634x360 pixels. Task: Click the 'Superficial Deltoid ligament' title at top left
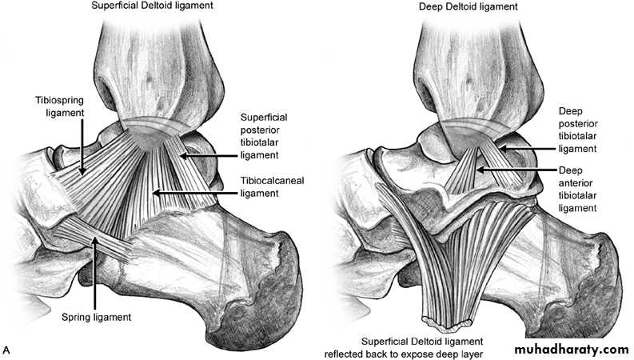152,6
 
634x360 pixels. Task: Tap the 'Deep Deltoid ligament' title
469,6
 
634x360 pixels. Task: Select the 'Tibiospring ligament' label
60,106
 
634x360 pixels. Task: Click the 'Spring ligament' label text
96,317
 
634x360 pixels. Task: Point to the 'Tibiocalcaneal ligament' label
272,187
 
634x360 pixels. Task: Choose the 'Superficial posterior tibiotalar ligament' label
264,136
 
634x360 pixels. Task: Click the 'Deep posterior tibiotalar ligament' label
578,130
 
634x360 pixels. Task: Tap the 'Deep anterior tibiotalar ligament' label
578,190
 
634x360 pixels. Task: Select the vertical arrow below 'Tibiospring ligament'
82,148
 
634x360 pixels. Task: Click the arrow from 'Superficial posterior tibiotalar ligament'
207,155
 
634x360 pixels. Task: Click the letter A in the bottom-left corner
6,350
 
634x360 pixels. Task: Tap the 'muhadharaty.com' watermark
572,349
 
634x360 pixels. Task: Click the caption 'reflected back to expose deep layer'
404,354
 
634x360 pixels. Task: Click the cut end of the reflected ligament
447,322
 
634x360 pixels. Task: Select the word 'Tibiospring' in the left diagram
60,100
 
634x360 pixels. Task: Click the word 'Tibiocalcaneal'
272,181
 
